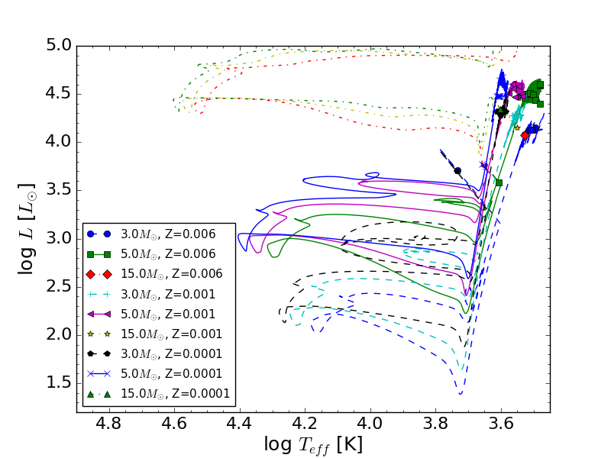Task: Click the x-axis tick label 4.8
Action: [108, 423]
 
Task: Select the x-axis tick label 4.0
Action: [370, 423]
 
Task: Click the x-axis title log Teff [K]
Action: [313, 443]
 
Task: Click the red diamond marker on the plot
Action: [525, 135]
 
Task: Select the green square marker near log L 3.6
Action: [499, 182]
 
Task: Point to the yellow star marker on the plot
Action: [517, 127]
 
